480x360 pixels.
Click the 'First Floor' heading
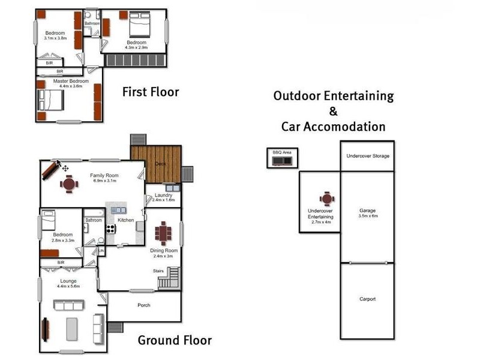coord(151,92)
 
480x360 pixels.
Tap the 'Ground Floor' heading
coord(175,340)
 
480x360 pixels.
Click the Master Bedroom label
coord(71,81)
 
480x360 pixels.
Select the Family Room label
coord(104,175)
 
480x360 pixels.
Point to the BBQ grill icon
coord(282,161)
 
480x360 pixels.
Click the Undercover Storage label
coord(368,156)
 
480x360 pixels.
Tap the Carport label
coord(367,299)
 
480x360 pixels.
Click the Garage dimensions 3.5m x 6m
coord(368,216)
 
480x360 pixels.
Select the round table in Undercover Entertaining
coord(326,199)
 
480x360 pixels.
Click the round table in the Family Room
coord(69,184)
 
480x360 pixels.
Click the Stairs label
coord(158,271)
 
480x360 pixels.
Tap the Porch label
coord(144,305)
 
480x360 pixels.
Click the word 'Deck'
coord(160,164)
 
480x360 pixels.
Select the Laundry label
coord(163,195)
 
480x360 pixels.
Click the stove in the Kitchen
coord(110,229)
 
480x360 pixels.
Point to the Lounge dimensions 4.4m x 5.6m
coord(68,286)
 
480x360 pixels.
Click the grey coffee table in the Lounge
coord(71,329)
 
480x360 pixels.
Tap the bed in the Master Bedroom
coord(50,100)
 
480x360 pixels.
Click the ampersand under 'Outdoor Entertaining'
coord(334,111)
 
